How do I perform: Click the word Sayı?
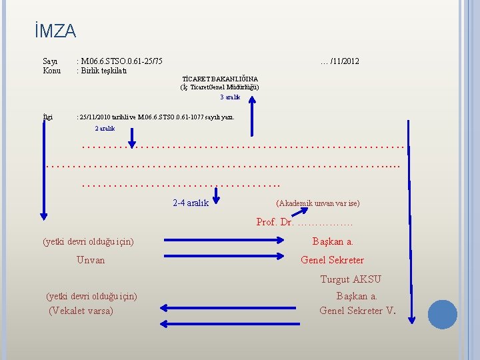coord(50,61)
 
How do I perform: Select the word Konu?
coord(51,71)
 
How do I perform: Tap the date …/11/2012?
coord(339,61)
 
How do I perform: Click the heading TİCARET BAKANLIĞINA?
coord(220,79)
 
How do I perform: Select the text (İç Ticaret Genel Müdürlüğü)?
coord(220,87)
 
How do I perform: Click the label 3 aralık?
coord(229,97)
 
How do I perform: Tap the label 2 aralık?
coord(105,128)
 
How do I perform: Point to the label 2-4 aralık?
coord(191,203)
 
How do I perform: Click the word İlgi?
coord(47,117)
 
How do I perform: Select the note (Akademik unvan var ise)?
coord(317,203)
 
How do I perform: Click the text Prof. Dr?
coord(275,222)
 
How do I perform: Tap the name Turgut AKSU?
coord(351,279)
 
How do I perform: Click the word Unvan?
coord(91,260)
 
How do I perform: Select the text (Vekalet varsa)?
coord(81,310)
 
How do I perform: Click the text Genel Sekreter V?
coord(357,310)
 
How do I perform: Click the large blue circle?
coord(442,314)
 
